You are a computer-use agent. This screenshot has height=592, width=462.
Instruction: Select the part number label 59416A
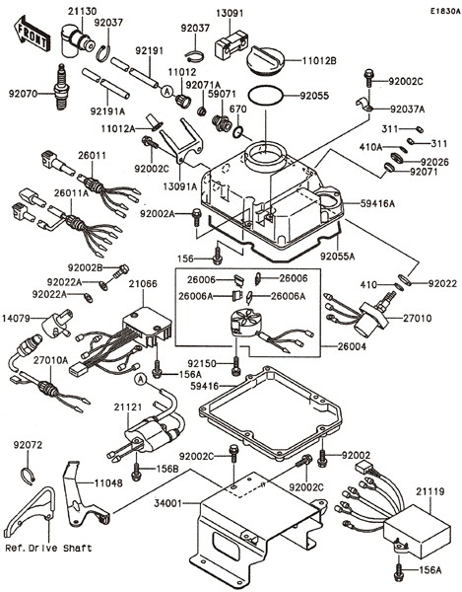[378, 204]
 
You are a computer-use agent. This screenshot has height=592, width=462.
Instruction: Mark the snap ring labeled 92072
[31, 479]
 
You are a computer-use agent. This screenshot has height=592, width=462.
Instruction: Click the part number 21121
[128, 407]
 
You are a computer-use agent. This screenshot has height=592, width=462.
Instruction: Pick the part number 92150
[202, 364]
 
